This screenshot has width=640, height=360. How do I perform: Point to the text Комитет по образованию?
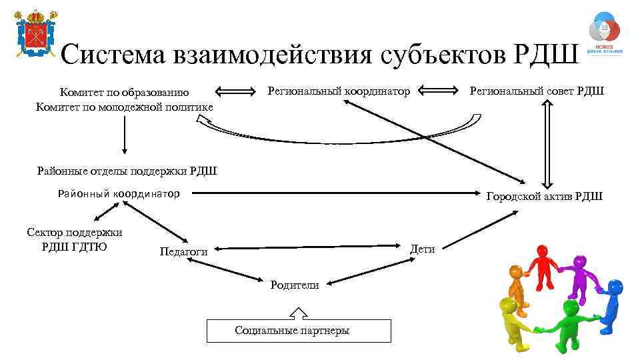click(x=124, y=93)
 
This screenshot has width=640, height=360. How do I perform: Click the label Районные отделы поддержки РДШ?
click(x=127, y=171)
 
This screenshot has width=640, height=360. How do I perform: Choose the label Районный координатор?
click(x=119, y=194)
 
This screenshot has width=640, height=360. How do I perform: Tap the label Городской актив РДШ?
click(x=544, y=196)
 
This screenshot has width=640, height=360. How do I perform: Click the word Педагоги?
click(x=183, y=251)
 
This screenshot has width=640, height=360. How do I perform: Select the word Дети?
click(x=423, y=249)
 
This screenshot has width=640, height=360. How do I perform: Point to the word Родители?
click(x=294, y=285)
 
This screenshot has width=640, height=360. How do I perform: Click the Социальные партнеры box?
click(x=299, y=331)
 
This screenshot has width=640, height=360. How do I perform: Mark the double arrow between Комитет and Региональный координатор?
click(x=236, y=91)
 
